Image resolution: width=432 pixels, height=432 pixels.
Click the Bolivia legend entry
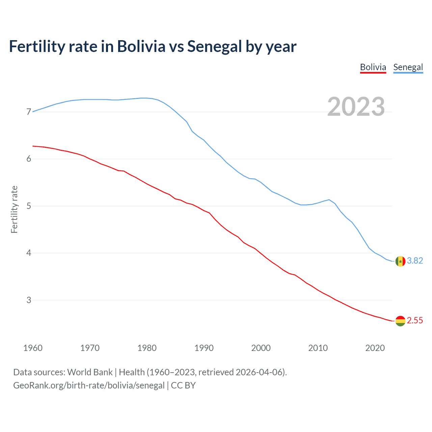point(373,67)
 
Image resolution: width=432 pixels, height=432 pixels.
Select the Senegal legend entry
point(408,67)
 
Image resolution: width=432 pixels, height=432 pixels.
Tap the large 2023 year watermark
point(356,107)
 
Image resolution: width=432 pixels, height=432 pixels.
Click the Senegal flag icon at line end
point(400,261)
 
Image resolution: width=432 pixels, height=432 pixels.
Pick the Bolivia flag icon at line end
point(400,321)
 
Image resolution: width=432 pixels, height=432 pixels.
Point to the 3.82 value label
point(415,261)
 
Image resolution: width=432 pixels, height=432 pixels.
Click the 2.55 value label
point(415,320)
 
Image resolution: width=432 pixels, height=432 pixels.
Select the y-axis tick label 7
point(29,112)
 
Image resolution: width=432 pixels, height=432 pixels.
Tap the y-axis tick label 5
point(29,206)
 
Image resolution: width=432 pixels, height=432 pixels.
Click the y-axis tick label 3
point(29,300)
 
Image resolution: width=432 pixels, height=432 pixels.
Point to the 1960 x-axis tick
point(33,348)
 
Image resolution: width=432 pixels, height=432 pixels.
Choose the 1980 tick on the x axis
point(147,348)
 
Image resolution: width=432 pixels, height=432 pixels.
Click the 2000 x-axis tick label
point(261,348)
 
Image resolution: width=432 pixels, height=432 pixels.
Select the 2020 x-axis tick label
point(375,348)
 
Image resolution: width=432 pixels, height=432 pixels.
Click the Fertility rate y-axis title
point(14,209)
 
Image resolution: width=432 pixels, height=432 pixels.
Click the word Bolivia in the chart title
point(141,47)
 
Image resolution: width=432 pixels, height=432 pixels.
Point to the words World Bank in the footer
point(90,372)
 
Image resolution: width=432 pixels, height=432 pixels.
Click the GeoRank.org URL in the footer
point(89,385)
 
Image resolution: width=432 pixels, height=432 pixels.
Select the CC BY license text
point(183,385)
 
